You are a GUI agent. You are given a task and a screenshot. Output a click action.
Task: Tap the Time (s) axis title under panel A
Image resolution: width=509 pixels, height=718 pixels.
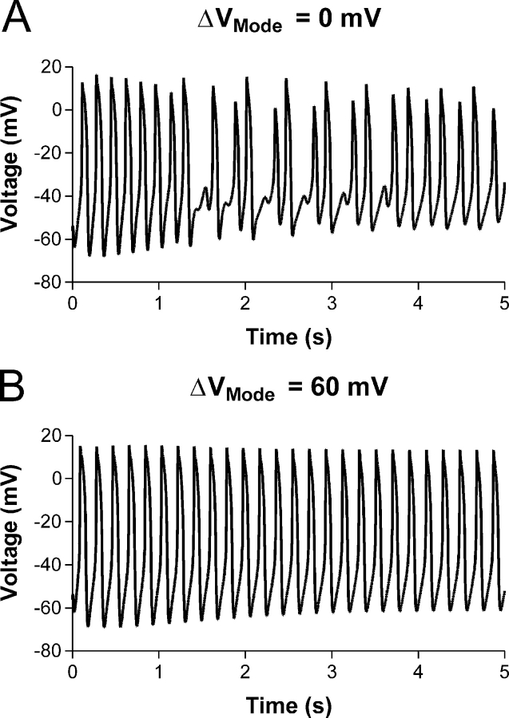(288, 337)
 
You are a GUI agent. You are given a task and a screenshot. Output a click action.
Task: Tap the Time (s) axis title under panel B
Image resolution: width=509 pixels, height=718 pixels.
(288, 705)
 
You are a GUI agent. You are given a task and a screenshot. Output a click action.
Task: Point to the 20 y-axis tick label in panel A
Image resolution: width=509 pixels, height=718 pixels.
(52, 67)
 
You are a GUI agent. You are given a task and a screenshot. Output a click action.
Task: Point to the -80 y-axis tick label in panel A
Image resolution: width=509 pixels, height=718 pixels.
(47, 282)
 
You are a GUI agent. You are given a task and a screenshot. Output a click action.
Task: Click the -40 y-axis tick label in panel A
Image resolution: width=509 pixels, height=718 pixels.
(47, 196)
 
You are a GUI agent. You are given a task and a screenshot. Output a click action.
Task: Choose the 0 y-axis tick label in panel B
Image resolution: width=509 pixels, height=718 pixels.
(57, 479)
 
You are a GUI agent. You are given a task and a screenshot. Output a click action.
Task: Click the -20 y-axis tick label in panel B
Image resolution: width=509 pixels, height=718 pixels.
(47, 522)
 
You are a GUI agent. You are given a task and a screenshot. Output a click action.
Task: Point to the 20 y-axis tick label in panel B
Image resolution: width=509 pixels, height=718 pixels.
(52, 436)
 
